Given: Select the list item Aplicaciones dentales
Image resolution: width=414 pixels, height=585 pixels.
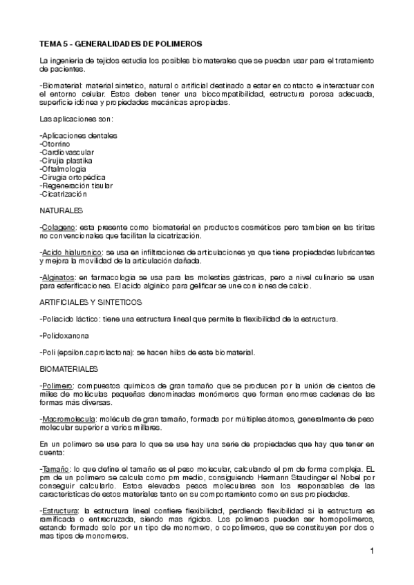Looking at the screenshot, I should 79,135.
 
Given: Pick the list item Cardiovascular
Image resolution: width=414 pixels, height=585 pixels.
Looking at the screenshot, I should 68,152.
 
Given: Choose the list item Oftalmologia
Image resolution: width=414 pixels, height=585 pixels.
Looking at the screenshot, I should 64,168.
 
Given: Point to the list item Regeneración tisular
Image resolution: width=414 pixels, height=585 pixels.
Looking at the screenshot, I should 77,186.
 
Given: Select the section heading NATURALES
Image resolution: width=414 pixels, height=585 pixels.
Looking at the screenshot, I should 62,210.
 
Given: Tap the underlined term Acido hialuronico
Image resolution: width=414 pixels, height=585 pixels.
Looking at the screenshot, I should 71,252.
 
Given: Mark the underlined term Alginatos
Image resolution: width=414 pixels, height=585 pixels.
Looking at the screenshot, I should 58,277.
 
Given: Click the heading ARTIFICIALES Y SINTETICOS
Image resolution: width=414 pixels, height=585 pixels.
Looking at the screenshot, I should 91,302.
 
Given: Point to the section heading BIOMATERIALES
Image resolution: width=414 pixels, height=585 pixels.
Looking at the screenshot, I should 69,369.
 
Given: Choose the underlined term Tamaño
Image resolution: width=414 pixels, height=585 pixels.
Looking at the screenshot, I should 55,468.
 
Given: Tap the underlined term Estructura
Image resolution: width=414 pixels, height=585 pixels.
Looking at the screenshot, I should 59,510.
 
